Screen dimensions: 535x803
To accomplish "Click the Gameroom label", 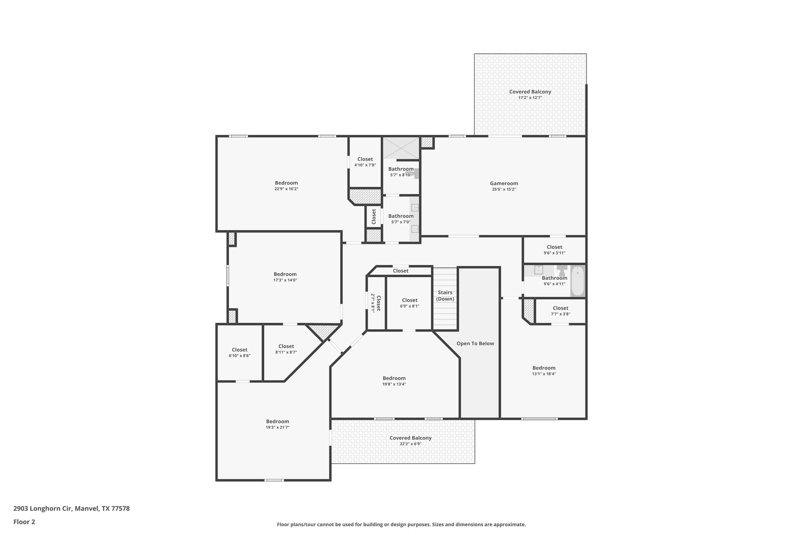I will pyautogui.click(x=504, y=183).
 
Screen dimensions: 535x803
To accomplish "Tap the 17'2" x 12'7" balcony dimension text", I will pyautogui.click(x=530, y=98).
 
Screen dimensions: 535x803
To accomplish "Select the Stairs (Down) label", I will pyautogui.click(x=445, y=296).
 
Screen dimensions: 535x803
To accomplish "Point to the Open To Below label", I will pyautogui.click(x=475, y=343).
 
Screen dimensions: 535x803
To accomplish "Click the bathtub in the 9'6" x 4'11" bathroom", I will pyautogui.click(x=577, y=281).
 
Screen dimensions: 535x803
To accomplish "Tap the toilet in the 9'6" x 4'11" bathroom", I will pyautogui.click(x=562, y=269).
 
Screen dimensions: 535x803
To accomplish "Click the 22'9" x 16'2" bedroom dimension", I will pyautogui.click(x=286, y=189).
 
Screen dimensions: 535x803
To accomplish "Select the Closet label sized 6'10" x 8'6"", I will pyautogui.click(x=240, y=350).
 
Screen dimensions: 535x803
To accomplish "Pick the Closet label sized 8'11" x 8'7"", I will pyautogui.click(x=286, y=346).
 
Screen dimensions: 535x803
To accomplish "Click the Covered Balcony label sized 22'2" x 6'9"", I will pyautogui.click(x=411, y=438).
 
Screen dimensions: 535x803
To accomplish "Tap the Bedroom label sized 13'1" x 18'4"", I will pyautogui.click(x=544, y=368).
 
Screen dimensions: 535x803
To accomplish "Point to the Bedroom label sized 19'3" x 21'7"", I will pyautogui.click(x=278, y=421).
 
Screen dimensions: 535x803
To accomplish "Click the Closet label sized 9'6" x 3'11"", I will pyautogui.click(x=554, y=247).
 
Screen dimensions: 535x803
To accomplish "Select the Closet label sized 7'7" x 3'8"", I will pyautogui.click(x=560, y=308).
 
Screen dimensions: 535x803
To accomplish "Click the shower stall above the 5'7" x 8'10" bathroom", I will pyautogui.click(x=401, y=148).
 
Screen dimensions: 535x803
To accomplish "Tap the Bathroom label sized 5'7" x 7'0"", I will pyautogui.click(x=401, y=216).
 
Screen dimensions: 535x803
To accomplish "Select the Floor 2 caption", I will pyautogui.click(x=24, y=522).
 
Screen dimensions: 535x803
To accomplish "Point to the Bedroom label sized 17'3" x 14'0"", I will pyautogui.click(x=285, y=274).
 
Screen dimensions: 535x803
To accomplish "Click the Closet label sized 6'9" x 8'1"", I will pyautogui.click(x=410, y=300).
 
